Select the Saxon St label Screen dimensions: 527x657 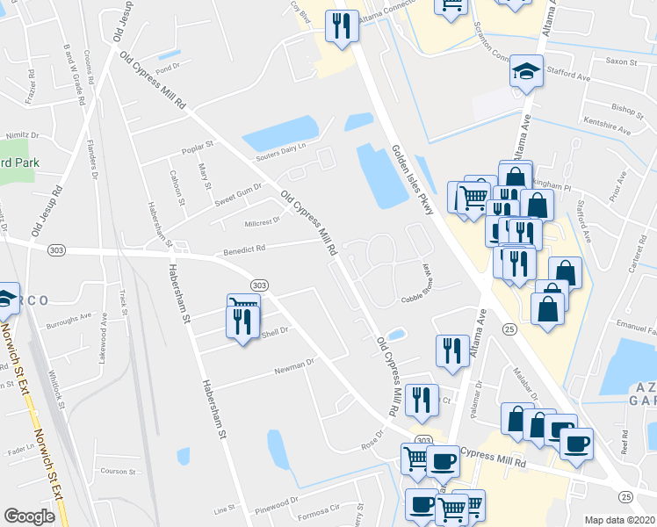tap(621, 61)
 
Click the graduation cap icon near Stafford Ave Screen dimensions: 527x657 tap(526, 71)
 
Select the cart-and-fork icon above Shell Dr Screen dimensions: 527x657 tap(243, 314)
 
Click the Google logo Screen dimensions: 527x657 tap(29, 516)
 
